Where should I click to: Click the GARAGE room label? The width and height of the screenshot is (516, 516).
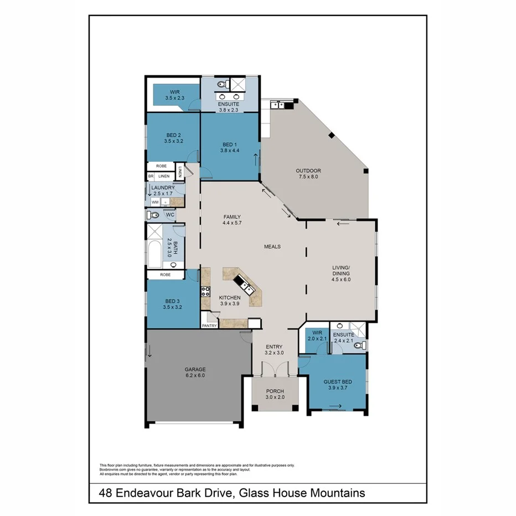[x=195, y=369]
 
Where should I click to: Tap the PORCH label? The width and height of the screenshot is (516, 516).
[x=275, y=392]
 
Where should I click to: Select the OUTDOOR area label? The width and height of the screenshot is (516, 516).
[x=308, y=171]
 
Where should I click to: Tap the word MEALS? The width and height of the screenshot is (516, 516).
[x=272, y=247]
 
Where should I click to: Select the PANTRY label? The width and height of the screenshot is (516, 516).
[x=209, y=326]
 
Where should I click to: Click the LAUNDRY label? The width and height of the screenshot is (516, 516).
[x=163, y=188]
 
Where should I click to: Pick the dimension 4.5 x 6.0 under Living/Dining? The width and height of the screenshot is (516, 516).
[x=341, y=280]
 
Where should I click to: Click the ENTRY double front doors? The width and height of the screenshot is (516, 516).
[x=275, y=370]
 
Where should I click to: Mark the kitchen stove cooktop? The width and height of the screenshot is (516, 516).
[x=205, y=291]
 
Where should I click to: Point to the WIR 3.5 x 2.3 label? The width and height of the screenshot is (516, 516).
[x=174, y=95]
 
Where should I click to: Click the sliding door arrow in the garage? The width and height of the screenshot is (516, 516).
[x=149, y=350]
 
